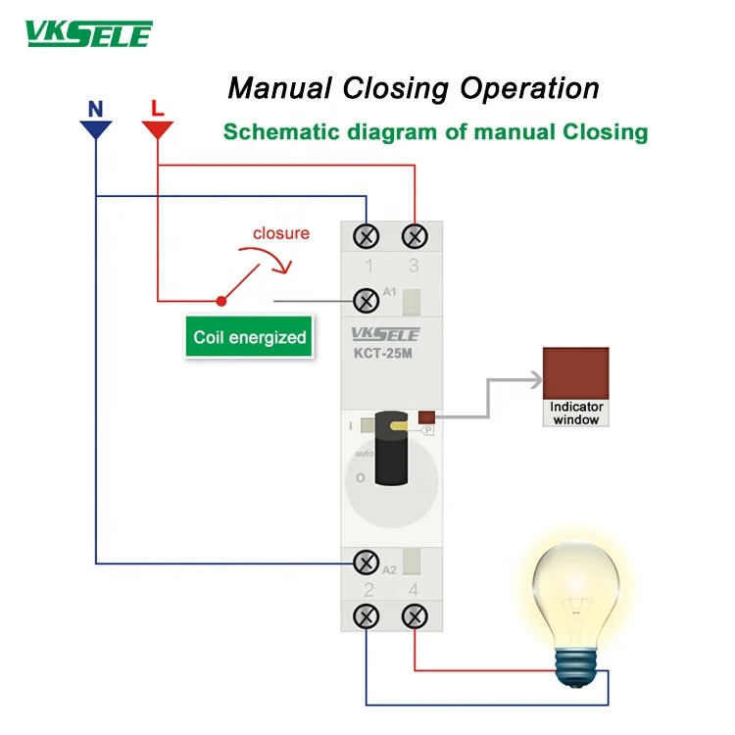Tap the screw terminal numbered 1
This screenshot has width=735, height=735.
(x=367, y=237)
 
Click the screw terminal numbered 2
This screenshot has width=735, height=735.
(x=367, y=616)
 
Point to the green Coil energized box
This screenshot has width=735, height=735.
(x=249, y=337)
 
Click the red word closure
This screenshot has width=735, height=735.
(x=281, y=233)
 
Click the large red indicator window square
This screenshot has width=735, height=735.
(x=576, y=373)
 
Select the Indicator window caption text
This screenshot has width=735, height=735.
(x=576, y=413)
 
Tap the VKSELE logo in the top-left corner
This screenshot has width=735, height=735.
(x=88, y=36)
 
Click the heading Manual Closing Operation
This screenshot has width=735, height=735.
(x=413, y=88)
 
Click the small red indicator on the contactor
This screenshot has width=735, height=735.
(x=427, y=417)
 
